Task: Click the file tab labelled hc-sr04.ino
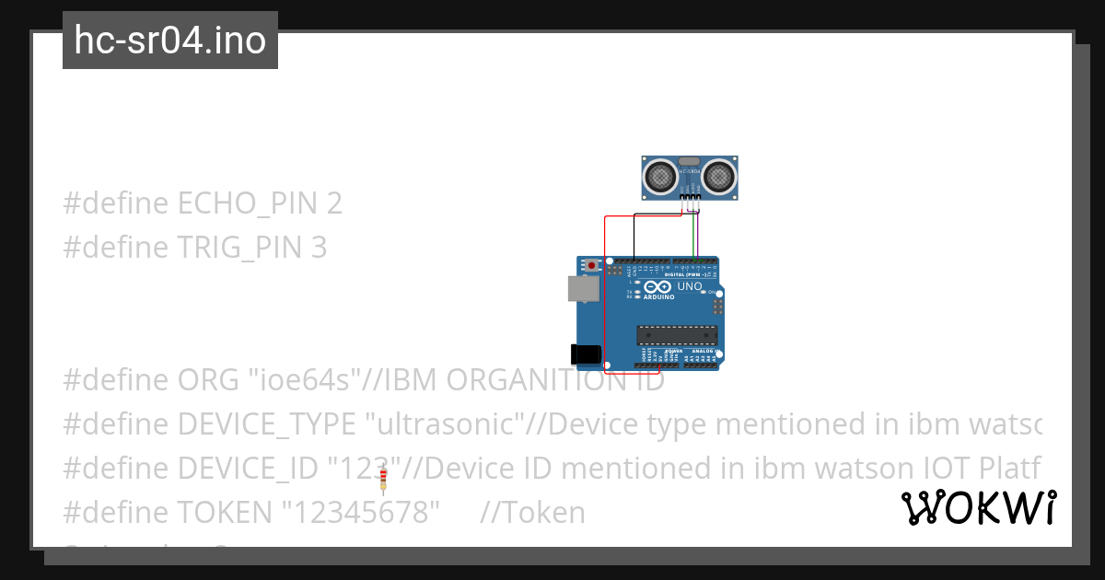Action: (170, 41)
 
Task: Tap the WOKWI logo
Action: (979, 508)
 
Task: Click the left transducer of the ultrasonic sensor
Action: (659, 174)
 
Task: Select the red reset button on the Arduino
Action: (592, 266)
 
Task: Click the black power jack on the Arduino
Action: (586, 354)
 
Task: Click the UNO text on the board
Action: (690, 286)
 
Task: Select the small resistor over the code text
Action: (383, 478)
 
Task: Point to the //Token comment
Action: (532, 512)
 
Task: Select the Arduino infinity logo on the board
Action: (664, 287)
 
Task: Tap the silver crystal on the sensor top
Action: (690, 160)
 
